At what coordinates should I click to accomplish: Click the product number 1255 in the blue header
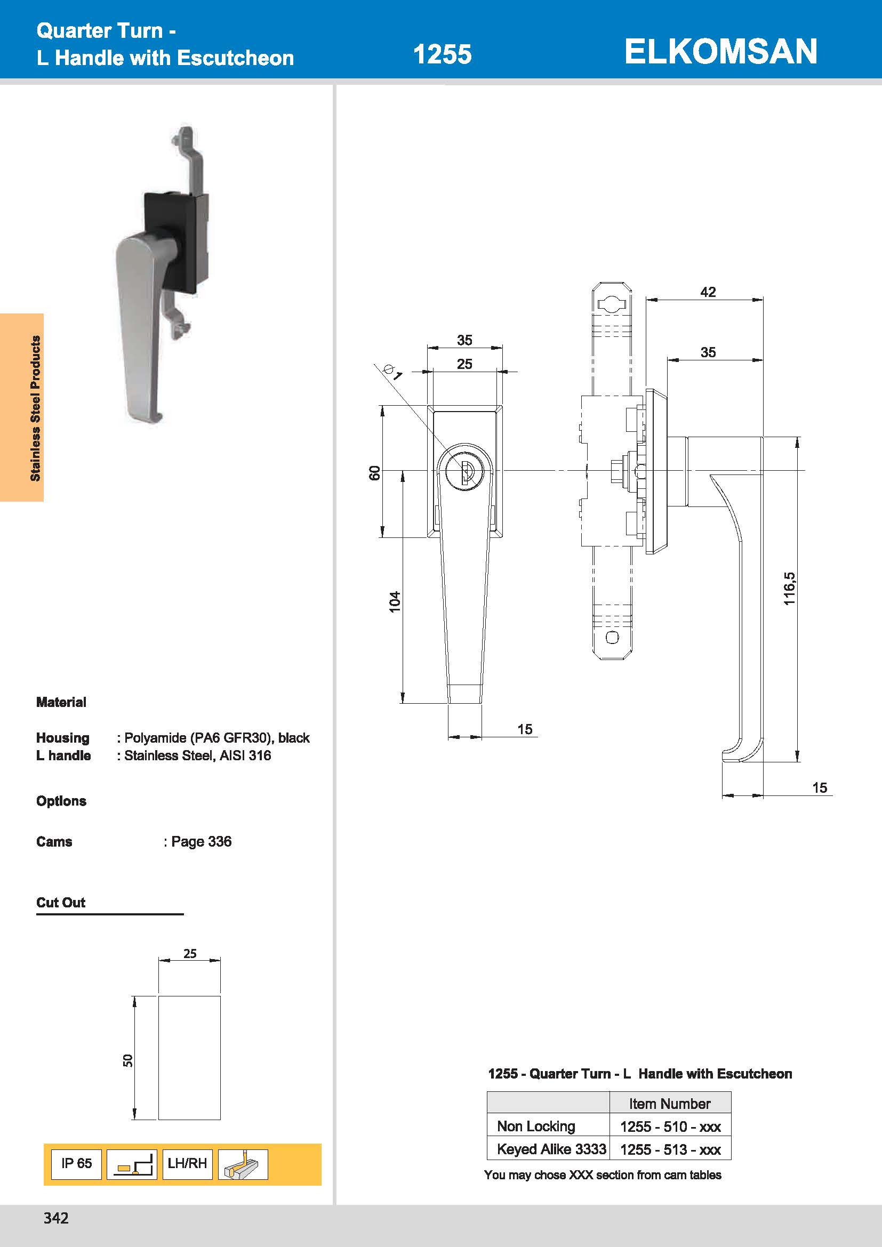click(x=442, y=54)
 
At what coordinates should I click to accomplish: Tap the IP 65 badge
click(x=76, y=1163)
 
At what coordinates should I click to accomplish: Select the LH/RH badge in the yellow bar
click(x=187, y=1163)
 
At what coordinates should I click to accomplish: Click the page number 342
click(x=56, y=1218)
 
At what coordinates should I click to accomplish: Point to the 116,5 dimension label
click(x=789, y=589)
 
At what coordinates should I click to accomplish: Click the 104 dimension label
click(x=395, y=602)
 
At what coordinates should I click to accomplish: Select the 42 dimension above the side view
click(x=708, y=292)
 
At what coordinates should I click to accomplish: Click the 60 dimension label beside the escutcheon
click(x=375, y=473)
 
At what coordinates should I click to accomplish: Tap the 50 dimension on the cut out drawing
click(x=127, y=1060)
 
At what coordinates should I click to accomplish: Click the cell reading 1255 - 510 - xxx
click(x=670, y=1127)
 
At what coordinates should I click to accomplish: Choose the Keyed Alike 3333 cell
click(x=551, y=1149)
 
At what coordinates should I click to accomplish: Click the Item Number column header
click(x=670, y=1104)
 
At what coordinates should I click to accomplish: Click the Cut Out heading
click(x=61, y=903)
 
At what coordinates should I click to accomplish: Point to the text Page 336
click(x=201, y=841)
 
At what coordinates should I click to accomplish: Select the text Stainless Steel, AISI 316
click(x=198, y=755)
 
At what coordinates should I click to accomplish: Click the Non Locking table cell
click(x=535, y=1127)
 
